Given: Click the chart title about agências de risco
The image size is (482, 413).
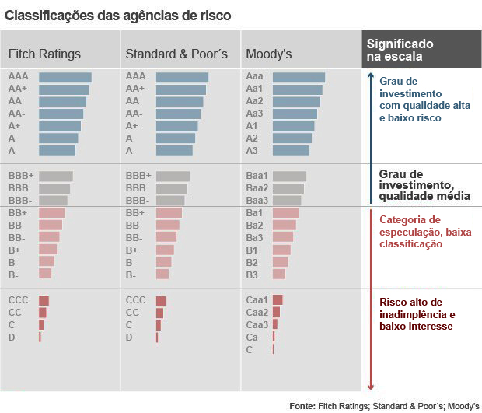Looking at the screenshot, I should [117, 15].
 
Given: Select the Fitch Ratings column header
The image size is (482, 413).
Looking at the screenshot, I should [44, 54].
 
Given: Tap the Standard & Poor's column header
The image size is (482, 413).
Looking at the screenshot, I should [176, 54].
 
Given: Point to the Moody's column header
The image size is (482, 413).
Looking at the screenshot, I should [268, 54].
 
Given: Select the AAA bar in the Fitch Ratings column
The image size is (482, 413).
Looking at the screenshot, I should [65, 77].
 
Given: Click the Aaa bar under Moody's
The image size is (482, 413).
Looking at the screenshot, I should [299, 77].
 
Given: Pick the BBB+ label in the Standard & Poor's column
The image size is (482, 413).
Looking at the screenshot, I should [138, 176].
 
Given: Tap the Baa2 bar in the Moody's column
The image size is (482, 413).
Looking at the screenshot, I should [288, 188].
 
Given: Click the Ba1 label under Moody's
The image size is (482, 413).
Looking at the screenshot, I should [254, 212].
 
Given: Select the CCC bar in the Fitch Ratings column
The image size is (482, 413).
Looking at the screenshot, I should [44, 300].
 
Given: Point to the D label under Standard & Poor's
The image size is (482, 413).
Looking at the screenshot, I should [129, 338].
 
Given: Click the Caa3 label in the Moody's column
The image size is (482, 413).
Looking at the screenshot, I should [257, 324].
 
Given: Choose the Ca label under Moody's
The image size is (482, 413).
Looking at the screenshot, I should [252, 337].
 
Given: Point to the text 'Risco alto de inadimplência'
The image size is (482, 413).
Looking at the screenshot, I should [416, 308].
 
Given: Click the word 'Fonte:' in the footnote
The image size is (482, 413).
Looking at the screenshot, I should [302, 406].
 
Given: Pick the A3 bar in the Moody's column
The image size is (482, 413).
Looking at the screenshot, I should [292, 150].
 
